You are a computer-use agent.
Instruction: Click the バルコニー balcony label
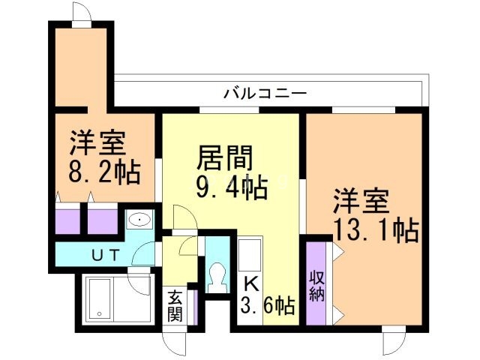(265, 94)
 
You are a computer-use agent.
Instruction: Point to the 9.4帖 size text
(232, 187)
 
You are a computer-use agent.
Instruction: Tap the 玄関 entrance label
(175, 305)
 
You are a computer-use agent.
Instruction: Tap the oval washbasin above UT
(139, 220)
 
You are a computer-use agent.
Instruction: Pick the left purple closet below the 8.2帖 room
(67, 219)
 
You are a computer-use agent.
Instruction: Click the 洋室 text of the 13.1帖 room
(361, 201)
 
